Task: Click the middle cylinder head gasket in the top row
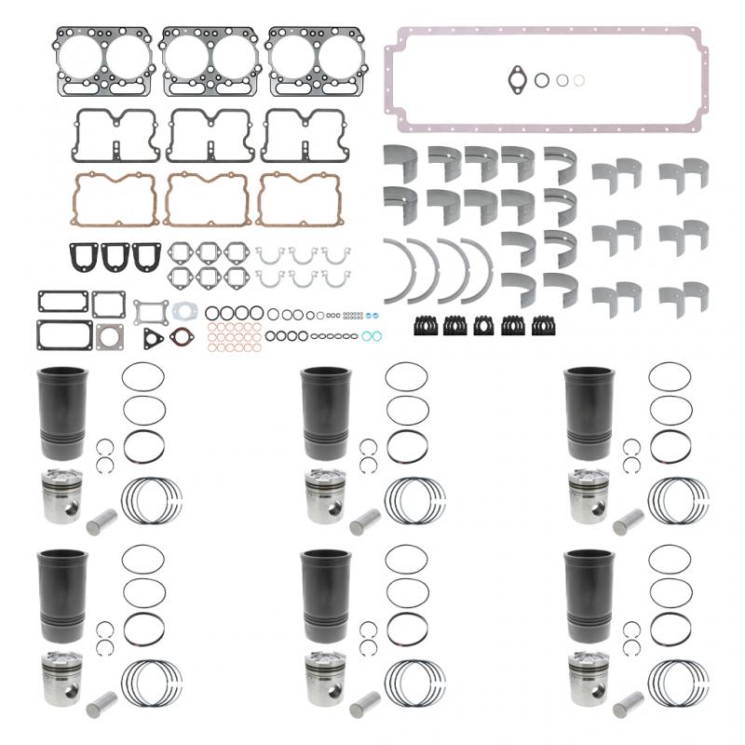point(211,60)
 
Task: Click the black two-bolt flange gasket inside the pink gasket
point(515,80)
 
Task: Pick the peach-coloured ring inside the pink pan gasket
point(579,81)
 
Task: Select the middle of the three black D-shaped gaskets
point(115,255)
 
